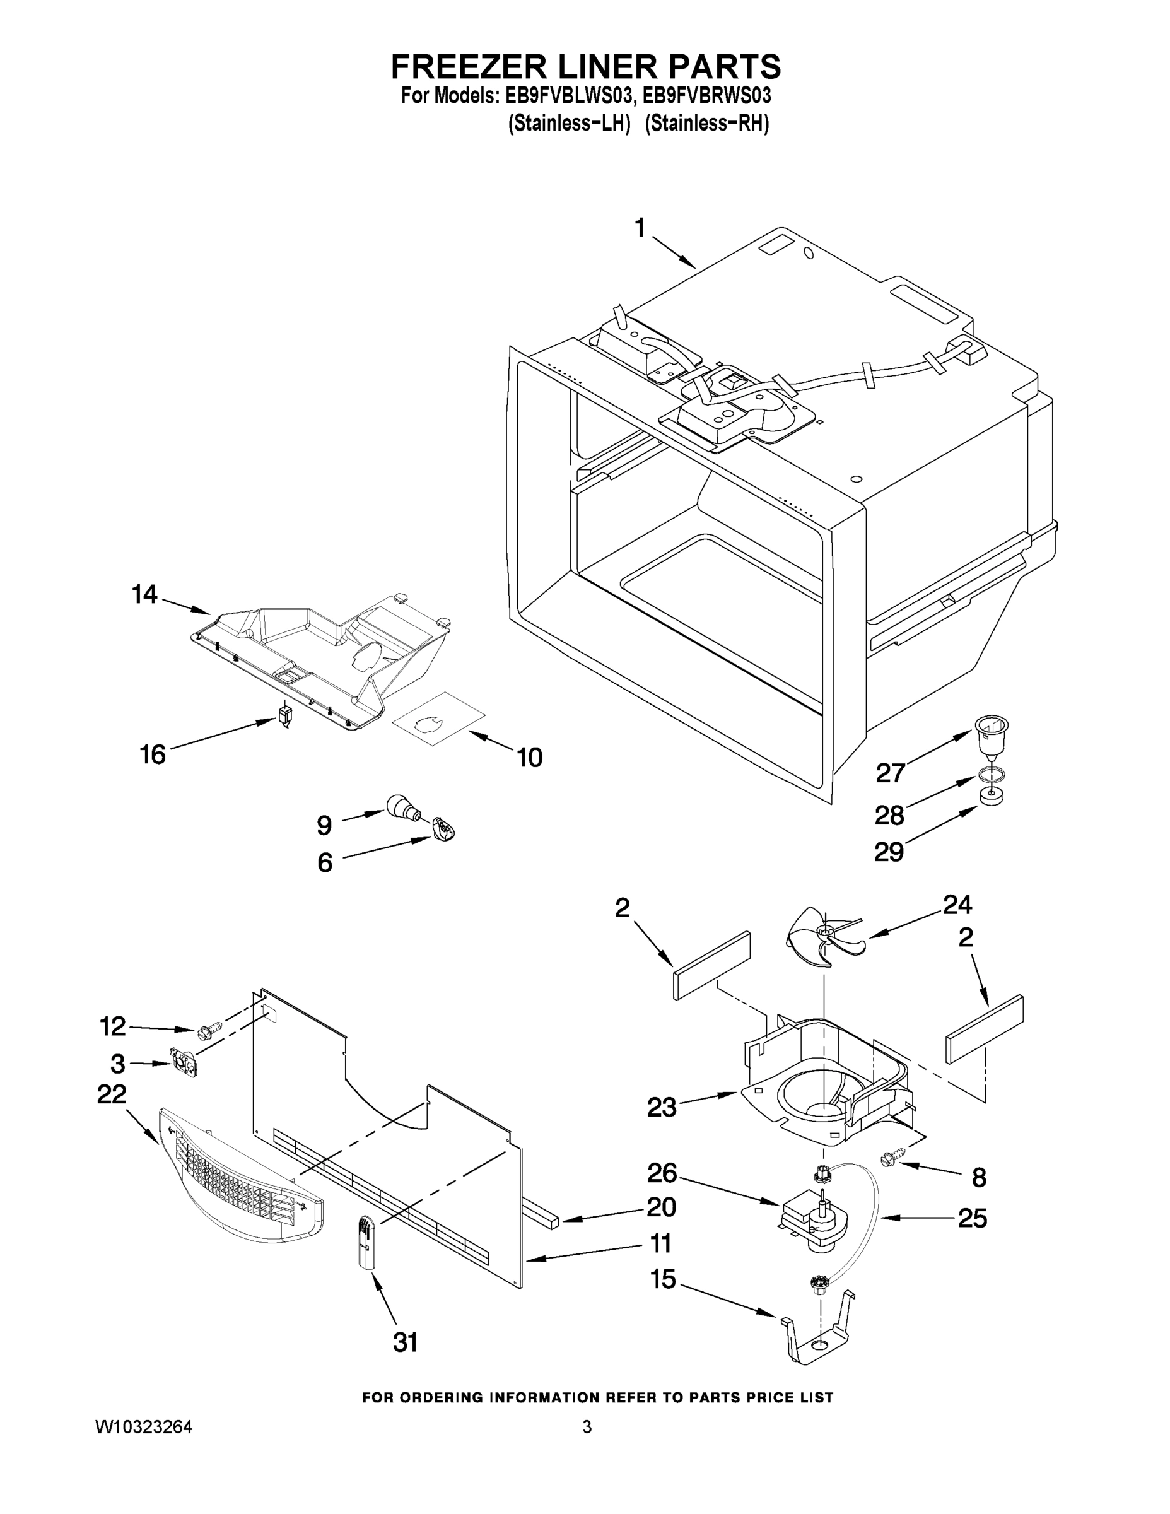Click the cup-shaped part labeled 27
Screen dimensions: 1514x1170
point(991,737)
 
